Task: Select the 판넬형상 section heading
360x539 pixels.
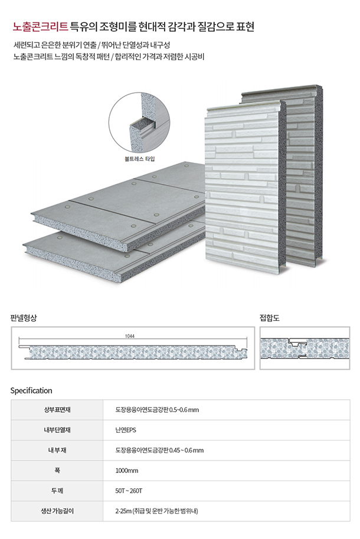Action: point(24,318)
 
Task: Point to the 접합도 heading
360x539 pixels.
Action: point(269,318)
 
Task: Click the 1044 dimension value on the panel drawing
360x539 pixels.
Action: point(130,336)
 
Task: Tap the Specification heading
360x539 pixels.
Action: point(31,390)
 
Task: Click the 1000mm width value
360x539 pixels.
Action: point(127,471)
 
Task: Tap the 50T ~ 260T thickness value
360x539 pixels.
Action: point(129,491)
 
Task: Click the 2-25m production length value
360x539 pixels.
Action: point(156,511)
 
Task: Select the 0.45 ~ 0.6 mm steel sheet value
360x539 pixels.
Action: point(159,451)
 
